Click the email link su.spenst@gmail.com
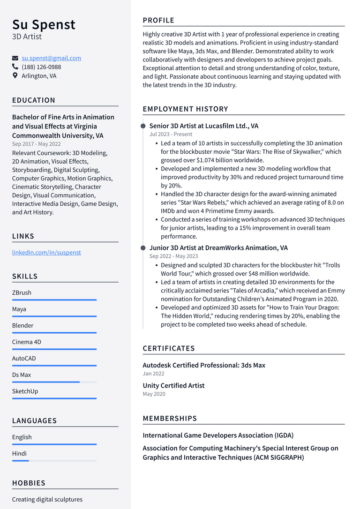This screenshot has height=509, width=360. pos(51,58)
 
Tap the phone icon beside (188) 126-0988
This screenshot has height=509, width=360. pos(15,67)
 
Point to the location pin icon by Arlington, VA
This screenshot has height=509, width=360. pos(15,75)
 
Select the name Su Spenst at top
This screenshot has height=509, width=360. pos(44,24)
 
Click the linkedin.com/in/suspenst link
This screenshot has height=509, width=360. pos(46,252)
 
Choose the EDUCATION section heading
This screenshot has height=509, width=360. pos(34,100)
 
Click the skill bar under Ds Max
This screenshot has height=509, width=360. pos(54,382)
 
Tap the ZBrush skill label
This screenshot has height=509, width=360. pos(22,292)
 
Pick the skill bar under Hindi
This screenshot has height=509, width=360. pos(54,461)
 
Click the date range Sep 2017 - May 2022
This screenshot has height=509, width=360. pos(37,144)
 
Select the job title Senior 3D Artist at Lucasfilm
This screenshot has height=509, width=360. pos(203,126)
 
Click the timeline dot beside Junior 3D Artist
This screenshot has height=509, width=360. pos(143,247)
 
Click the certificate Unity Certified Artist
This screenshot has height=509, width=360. pos(173,385)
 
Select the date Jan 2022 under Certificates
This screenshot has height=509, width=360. pos(154,374)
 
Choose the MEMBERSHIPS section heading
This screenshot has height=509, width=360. pos(170,418)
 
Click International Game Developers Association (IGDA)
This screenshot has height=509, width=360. pos(218,435)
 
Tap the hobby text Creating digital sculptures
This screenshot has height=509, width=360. pos(47,499)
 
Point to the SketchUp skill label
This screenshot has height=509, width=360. pos(25,391)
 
